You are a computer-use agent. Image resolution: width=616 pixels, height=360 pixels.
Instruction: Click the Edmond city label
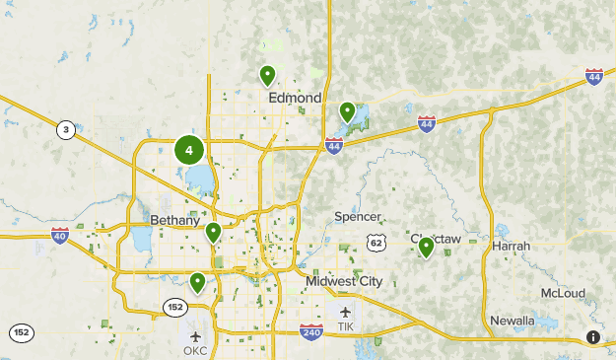click(295, 98)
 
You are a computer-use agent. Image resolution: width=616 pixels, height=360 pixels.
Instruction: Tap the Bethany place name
click(175, 220)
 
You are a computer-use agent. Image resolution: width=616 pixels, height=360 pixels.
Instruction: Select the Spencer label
click(357, 216)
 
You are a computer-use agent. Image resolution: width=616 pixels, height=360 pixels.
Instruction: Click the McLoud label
click(562, 293)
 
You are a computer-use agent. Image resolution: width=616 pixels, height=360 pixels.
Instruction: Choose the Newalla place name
click(513, 321)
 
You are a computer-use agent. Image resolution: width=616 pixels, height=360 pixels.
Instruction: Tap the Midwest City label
click(343, 280)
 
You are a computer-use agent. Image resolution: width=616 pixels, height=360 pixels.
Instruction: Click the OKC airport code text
click(195, 350)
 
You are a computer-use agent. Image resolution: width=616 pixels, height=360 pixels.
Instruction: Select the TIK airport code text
click(345, 326)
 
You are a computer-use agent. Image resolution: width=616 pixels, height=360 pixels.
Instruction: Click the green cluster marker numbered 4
click(189, 151)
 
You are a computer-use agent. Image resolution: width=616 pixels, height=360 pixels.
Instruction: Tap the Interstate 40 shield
click(60, 236)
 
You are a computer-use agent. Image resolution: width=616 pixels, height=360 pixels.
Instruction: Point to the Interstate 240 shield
click(311, 332)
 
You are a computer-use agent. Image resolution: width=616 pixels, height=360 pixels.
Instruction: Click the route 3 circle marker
click(65, 130)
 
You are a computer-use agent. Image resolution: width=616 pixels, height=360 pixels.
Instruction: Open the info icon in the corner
click(593, 337)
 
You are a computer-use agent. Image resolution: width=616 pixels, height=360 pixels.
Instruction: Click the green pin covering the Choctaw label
click(426, 247)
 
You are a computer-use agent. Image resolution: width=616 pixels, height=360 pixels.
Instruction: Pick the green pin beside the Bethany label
click(213, 233)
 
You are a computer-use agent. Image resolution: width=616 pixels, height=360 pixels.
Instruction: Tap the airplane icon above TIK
click(345, 312)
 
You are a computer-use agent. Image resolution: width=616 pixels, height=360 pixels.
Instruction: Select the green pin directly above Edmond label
click(267, 75)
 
